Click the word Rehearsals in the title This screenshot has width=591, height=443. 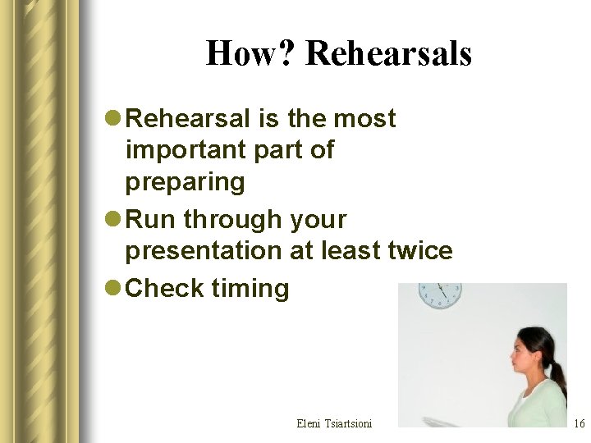388,54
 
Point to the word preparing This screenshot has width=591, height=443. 185,181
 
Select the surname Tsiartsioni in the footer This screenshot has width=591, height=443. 348,423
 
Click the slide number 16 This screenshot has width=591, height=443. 579,424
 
